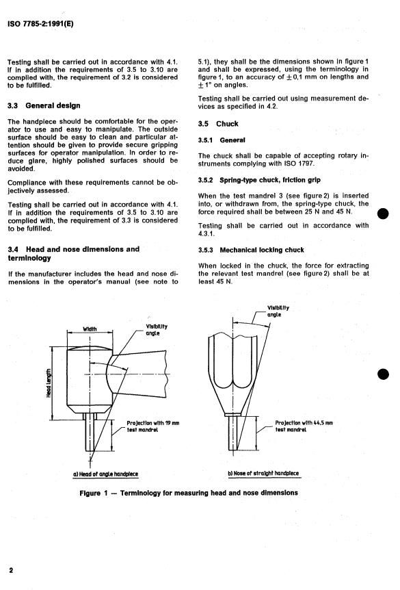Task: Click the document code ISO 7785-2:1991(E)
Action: pyautogui.click(x=40, y=24)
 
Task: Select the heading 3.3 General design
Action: pyautogui.click(x=44, y=105)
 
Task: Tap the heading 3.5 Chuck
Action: pyautogui.click(x=218, y=124)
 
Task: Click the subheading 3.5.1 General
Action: pyautogui.click(x=222, y=140)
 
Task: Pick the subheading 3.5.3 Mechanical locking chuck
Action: pyautogui.click(x=251, y=250)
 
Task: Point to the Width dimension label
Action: pyautogui.click(x=90, y=329)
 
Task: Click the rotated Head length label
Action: pyautogui.click(x=49, y=383)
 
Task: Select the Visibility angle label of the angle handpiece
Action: pyautogui.click(x=157, y=330)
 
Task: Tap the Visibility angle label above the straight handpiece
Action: pyautogui.click(x=278, y=311)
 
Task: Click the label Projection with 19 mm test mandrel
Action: pyautogui.click(x=153, y=426)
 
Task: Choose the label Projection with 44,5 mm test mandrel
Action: pyautogui.click(x=304, y=426)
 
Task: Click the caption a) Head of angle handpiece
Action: pyautogui.click(x=105, y=474)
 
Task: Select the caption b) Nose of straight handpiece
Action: pyautogui.click(x=263, y=474)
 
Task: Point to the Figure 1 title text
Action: pyautogui.click(x=189, y=493)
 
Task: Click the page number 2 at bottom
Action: pyautogui.click(x=11, y=570)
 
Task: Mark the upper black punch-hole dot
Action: pyautogui.click(x=383, y=214)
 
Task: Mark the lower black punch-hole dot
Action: pyautogui.click(x=383, y=374)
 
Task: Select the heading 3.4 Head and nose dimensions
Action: pyautogui.click(x=74, y=254)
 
